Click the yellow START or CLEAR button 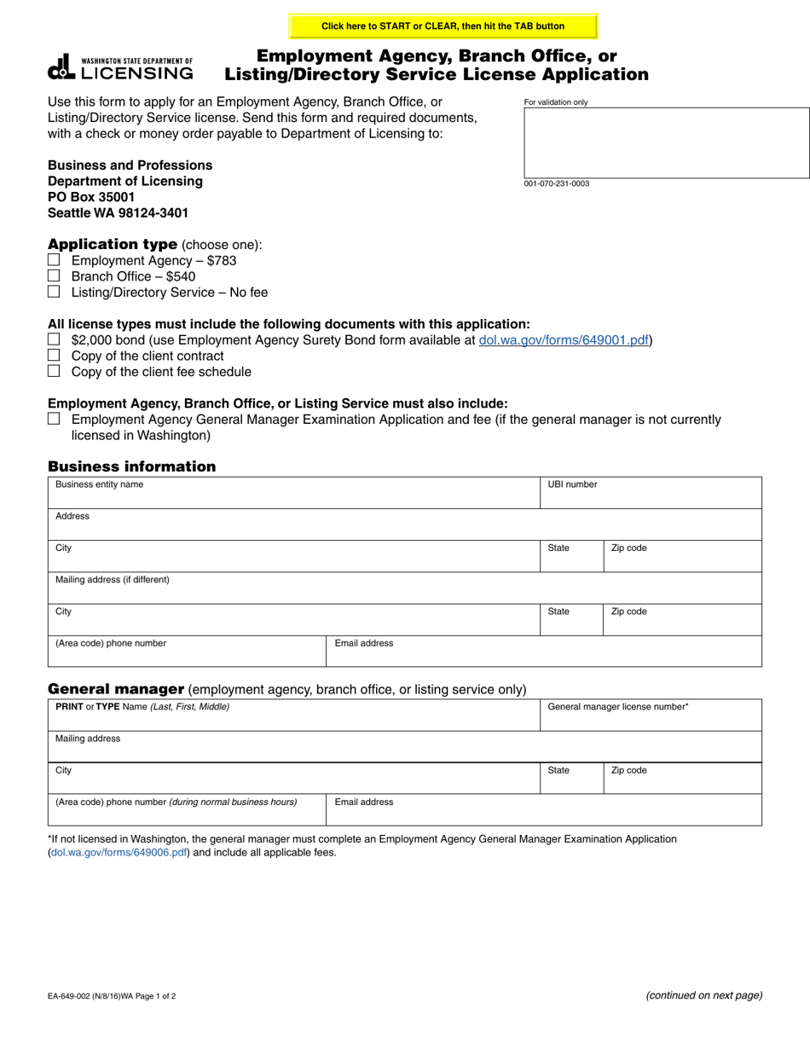click(x=443, y=26)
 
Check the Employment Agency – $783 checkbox click(x=54, y=260)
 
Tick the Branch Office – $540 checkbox click(x=54, y=275)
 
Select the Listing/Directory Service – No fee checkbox click(x=54, y=292)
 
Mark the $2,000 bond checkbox click(x=54, y=339)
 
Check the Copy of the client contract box click(x=54, y=355)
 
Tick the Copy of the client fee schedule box click(x=54, y=371)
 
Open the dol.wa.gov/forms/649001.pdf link click(x=564, y=339)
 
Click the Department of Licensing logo click(x=120, y=67)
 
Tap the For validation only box click(x=666, y=142)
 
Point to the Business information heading click(x=132, y=467)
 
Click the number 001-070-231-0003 click(x=556, y=183)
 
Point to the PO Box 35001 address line click(x=91, y=197)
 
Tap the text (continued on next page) click(x=704, y=994)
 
